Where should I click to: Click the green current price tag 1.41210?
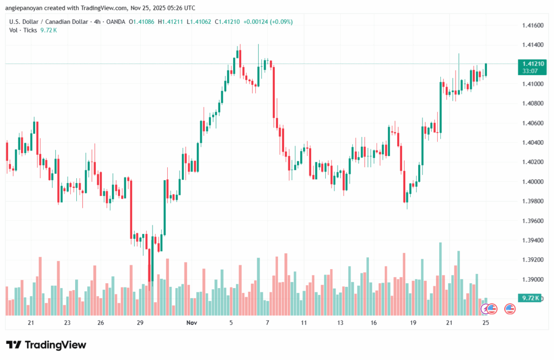tap(530, 64)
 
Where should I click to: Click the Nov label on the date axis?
tap(191, 323)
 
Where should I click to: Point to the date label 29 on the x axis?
tap(140, 323)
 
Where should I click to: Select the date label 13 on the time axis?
tap(340, 323)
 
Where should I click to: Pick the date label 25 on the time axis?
tap(485, 323)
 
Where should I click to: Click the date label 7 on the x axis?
tap(267, 323)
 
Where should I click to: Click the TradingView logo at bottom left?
tap(46, 345)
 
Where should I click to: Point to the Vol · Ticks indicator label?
tap(23, 30)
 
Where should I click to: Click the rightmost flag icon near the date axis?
tap(509, 309)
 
